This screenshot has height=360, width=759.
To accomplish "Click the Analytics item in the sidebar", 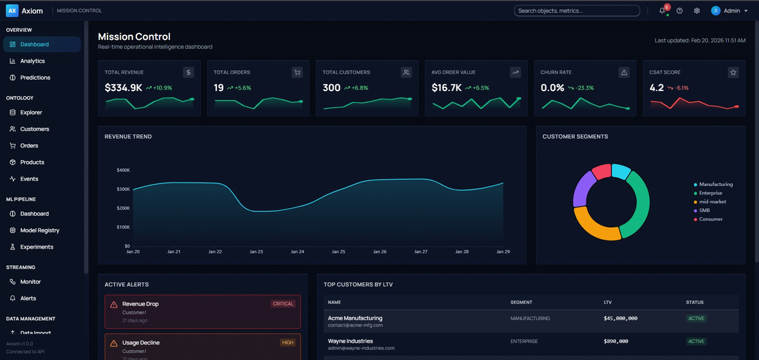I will (x=32, y=61).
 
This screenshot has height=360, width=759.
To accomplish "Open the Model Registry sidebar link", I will (x=39, y=230).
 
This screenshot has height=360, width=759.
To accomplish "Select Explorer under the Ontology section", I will (x=31, y=113).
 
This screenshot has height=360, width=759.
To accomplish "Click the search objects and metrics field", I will (x=576, y=11).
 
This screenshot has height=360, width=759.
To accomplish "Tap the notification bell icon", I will (x=662, y=11).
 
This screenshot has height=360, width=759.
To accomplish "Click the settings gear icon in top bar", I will (x=696, y=11).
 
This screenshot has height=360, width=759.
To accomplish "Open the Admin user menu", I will (x=729, y=11).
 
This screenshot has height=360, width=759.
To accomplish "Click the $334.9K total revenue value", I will (x=123, y=88).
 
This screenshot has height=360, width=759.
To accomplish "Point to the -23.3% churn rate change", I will (x=584, y=88).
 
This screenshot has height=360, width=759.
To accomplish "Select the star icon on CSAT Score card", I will (x=733, y=73).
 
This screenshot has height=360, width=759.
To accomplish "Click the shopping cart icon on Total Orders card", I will (x=297, y=73).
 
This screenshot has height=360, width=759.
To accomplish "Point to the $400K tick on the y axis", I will (x=123, y=170).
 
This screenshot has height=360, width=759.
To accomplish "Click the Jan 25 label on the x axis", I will (x=338, y=252).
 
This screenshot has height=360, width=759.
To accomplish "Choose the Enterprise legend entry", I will (x=711, y=193).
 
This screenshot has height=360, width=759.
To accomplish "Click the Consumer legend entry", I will (x=710, y=219).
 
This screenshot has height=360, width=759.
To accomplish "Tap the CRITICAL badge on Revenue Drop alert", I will (x=283, y=304).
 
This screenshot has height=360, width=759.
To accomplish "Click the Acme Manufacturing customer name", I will (x=355, y=318).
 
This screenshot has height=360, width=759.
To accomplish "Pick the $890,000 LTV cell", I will (x=615, y=341).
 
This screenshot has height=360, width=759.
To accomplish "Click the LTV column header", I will (x=607, y=302).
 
